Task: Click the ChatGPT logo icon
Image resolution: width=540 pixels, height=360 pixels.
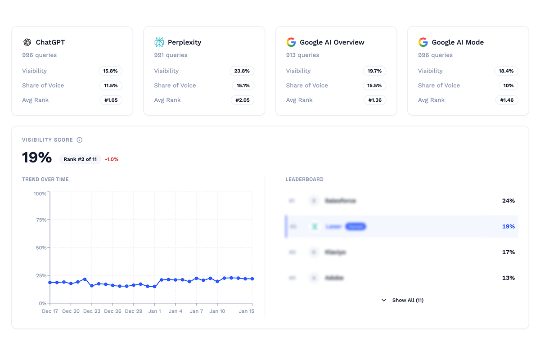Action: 27,42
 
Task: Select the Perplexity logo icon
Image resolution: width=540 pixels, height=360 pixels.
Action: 159,42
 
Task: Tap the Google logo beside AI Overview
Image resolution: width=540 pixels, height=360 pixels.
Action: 291,42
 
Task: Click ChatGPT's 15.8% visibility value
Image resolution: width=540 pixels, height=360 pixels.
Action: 111,71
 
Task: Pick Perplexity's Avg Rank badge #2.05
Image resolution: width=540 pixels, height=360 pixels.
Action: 243,100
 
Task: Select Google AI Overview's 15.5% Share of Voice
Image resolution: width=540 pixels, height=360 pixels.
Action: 374,85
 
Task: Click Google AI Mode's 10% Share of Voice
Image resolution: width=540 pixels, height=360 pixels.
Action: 508,85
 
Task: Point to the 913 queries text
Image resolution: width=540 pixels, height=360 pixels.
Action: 302,55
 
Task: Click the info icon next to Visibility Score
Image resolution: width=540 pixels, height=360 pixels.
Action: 80,140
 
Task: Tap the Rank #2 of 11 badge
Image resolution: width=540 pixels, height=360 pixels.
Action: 80,159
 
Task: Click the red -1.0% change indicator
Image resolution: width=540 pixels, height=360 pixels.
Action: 112,159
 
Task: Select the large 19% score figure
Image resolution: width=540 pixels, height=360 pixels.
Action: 37,158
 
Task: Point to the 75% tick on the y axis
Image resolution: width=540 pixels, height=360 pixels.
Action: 40,220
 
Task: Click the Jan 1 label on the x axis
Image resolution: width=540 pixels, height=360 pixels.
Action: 154,311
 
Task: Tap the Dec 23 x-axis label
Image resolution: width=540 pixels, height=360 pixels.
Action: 91,311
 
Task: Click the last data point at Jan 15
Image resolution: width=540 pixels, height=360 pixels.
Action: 252,279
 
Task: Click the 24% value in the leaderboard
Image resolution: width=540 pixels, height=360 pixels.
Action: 508,201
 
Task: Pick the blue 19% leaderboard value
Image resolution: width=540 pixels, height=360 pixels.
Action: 508,226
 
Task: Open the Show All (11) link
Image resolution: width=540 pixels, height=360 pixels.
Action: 407,300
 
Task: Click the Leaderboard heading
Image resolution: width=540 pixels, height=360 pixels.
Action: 304,179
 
